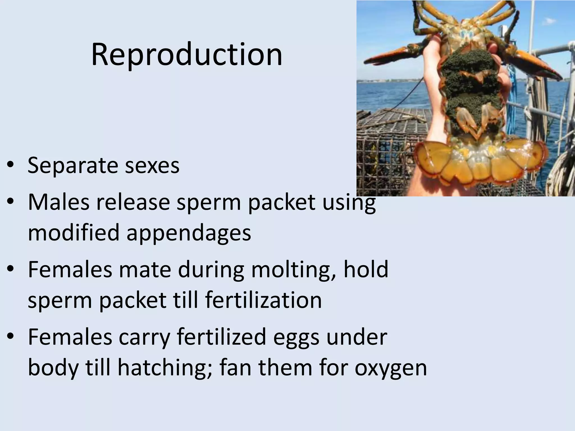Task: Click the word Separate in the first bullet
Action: click(x=73, y=166)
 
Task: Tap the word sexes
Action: click(x=152, y=166)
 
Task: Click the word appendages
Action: click(x=189, y=233)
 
